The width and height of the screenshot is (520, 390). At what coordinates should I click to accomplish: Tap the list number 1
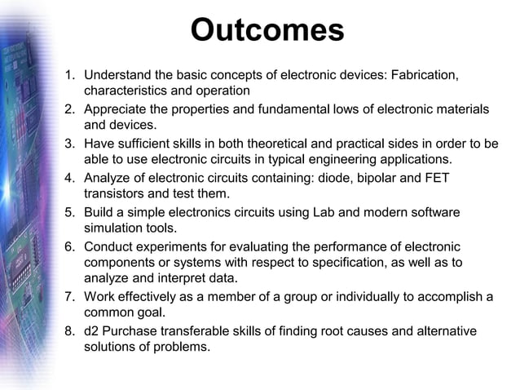click(69, 75)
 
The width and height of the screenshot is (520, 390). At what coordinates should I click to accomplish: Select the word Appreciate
click(121, 109)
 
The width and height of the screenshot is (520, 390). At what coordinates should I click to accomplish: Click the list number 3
click(69, 144)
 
